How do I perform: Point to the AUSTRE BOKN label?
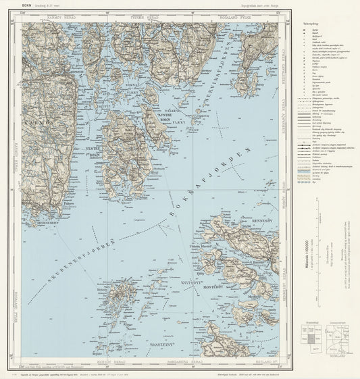coord(167,117)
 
